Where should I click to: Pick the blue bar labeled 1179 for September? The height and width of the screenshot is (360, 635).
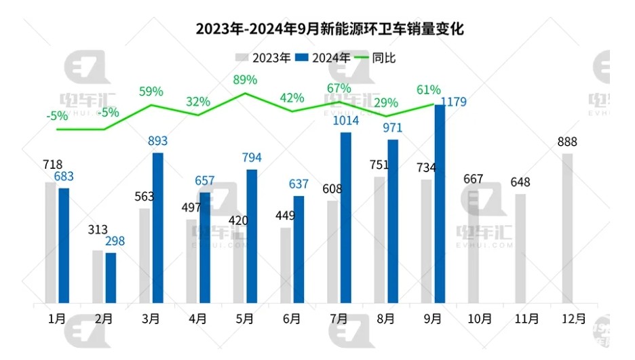[439, 203]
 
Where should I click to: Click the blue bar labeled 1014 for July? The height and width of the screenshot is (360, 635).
[345, 217]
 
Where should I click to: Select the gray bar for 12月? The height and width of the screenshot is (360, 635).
[567, 228]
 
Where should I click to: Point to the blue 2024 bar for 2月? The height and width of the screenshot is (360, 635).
[111, 277]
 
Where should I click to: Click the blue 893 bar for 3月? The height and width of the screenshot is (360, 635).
[157, 227]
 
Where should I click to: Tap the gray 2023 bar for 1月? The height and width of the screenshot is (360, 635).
[50, 242]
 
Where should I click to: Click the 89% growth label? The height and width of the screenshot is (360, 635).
[245, 80]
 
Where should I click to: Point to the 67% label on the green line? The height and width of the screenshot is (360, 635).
[339, 88]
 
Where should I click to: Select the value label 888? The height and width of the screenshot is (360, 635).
[567, 142]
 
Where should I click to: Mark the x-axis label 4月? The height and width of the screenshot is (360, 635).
[198, 319]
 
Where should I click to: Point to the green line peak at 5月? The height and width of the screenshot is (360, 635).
[245, 93]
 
